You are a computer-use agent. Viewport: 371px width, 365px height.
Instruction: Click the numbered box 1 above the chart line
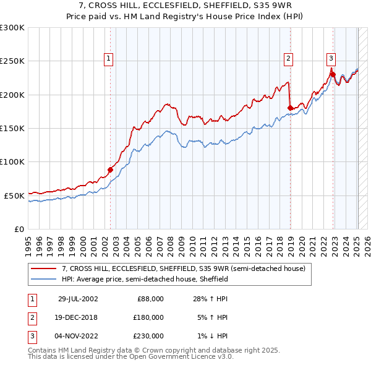(x=108, y=59)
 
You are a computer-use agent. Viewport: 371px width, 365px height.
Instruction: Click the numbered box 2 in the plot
(x=288, y=59)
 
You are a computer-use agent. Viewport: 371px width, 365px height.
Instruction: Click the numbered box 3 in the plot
(x=331, y=59)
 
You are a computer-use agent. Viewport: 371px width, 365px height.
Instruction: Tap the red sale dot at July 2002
(x=111, y=170)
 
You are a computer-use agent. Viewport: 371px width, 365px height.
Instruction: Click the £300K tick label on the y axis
(x=12, y=28)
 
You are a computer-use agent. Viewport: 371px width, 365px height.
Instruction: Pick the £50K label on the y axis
(x=14, y=195)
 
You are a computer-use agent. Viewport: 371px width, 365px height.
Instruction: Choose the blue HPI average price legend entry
(x=145, y=280)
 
